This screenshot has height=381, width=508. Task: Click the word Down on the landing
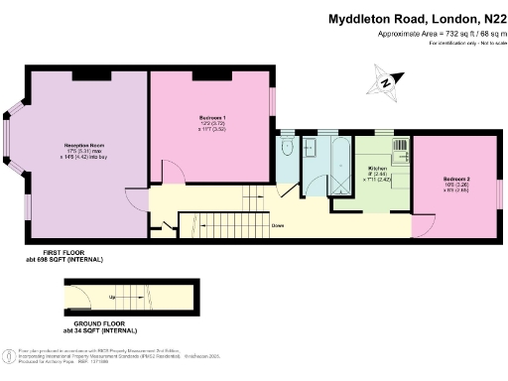click(278, 225)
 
